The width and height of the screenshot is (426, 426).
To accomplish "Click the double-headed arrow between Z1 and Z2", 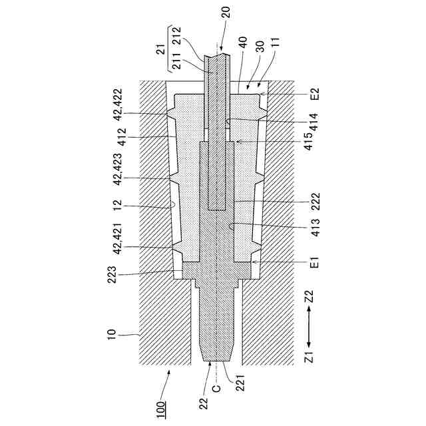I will point(308,333).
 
